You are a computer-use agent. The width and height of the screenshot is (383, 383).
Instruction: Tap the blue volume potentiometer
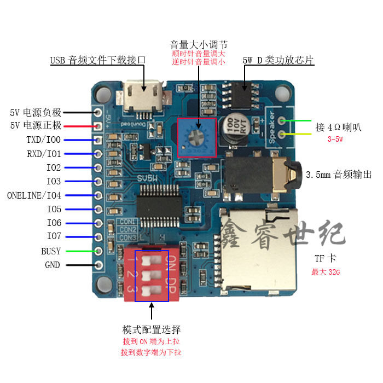(x=196, y=137)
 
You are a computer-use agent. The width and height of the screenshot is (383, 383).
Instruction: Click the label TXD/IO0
(x=43, y=140)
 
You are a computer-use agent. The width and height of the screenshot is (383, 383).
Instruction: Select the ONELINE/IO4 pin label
(x=34, y=195)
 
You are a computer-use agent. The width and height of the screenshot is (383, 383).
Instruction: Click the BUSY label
(x=51, y=251)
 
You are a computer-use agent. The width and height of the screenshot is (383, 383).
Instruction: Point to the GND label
(x=53, y=265)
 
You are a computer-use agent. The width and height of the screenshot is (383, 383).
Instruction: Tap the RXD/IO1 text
(x=43, y=154)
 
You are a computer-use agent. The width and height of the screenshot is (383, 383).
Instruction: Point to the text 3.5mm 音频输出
(x=339, y=175)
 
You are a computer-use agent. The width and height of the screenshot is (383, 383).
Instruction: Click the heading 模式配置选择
(x=152, y=330)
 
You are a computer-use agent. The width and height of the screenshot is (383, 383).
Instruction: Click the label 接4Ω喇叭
(x=339, y=127)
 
